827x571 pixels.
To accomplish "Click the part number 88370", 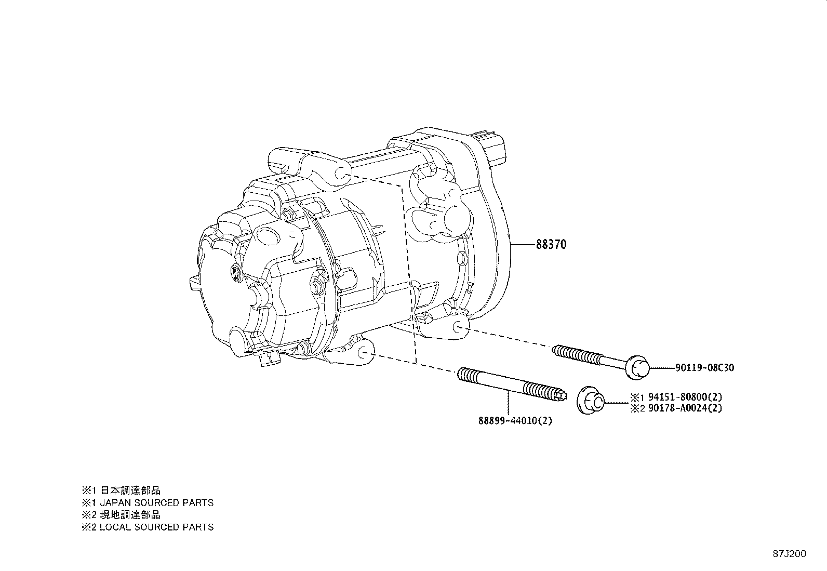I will point(551,244).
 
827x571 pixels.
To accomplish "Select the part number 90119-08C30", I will point(705,368).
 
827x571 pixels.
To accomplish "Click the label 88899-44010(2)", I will point(515,420).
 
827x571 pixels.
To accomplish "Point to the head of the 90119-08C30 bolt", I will point(637,367).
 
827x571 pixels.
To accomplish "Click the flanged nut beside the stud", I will point(591,401).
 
